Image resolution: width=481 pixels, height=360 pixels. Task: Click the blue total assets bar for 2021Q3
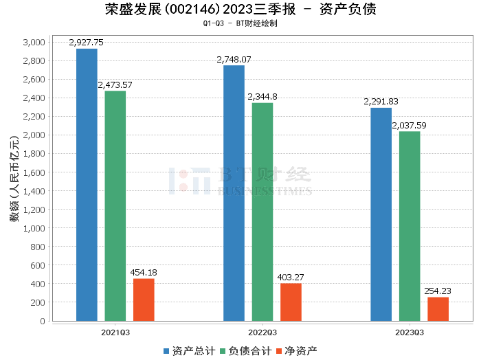(x=87, y=185)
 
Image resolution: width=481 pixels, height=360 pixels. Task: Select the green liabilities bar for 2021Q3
(x=115, y=206)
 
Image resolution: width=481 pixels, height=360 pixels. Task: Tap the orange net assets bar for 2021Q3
(x=144, y=300)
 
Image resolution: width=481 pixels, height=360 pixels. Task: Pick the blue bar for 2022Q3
(x=234, y=193)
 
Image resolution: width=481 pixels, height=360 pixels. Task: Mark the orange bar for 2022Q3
(x=291, y=302)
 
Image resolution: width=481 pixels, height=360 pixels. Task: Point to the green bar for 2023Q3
(x=410, y=226)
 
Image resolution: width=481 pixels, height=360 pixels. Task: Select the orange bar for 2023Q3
(x=438, y=309)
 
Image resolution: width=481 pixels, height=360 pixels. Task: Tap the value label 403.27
(x=291, y=278)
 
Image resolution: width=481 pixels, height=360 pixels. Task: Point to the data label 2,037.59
(x=409, y=126)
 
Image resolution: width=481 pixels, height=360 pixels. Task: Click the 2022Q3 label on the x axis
(x=262, y=331)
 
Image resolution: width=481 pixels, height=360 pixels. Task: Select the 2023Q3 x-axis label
(x=410, y=331)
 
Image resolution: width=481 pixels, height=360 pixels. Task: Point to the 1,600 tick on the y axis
(x=33, y=172)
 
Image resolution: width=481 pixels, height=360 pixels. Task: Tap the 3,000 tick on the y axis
(x=33, y=43)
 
